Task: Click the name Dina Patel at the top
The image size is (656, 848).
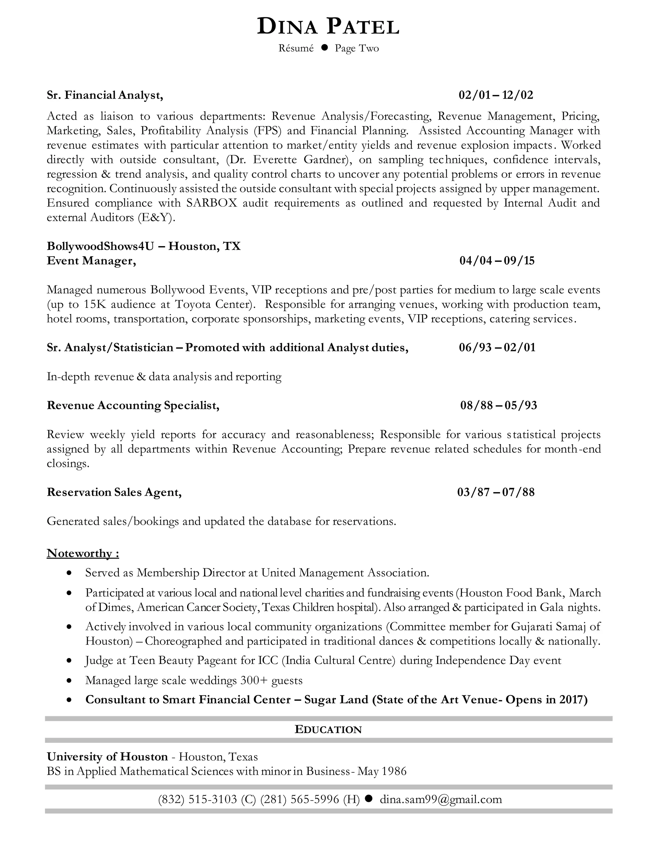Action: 328,27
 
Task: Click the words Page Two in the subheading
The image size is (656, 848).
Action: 357,49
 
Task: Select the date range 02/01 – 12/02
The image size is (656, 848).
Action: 496,95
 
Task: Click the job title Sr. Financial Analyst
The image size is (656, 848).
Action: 104,95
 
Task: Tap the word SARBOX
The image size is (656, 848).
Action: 211,203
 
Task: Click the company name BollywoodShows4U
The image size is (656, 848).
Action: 100,246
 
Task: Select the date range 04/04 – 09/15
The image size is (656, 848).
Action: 497,260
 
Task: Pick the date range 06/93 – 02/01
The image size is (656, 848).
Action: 497,348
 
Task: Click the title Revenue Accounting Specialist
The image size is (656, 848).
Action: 133,405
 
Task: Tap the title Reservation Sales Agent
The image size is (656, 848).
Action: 114,492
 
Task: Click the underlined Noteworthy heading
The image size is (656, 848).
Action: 83,553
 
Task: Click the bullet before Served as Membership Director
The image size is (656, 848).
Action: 69,573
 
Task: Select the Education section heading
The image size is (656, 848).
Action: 328,730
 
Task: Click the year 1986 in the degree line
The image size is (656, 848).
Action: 394,771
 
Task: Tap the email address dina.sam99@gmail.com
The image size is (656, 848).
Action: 441,799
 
